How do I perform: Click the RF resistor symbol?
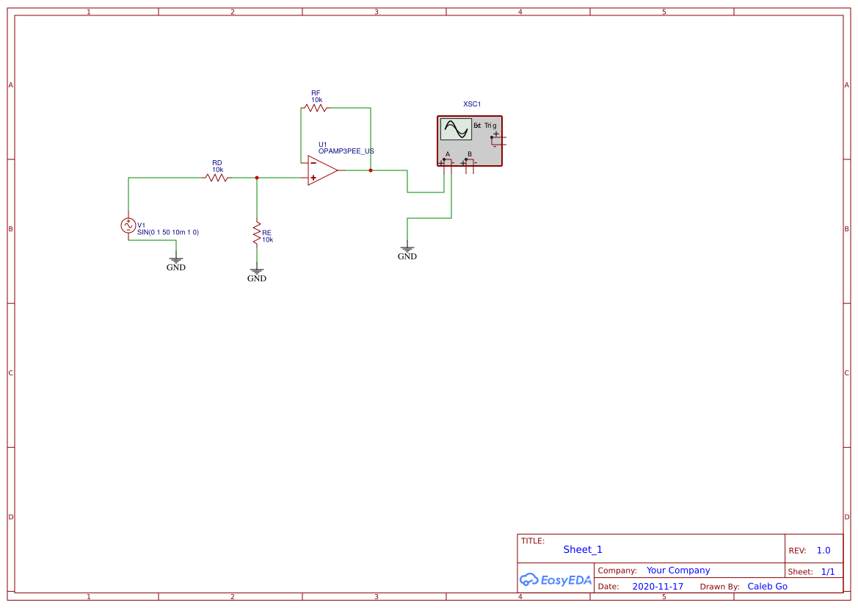pyautogui.click(x=315, y=108)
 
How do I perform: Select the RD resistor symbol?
pyautogui.click(x=217, y=178)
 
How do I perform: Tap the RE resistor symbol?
pyautogui.click(x=257, y=234)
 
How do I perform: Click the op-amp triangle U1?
pyautogui.click(x=321, y=170)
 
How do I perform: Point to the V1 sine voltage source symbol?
pyautogui.click(x=128, y=226)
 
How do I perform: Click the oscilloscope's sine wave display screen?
pyautogui.click(x=455, y=130)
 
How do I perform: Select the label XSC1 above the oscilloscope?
pyautogui.click(x=472, y=104)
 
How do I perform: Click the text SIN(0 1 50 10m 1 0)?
pyautogui.click(x=168, y=232)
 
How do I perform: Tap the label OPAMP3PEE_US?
pyautogui.click(x=346, y=151)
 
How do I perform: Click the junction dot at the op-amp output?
pyautogui.click(x=371, y=170)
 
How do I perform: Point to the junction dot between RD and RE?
pyautogui.click(x=257, y=178)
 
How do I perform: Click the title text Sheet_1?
pyautogui.click(x=583, y=549)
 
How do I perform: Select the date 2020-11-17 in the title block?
pyautogui.click(x=658, y=587)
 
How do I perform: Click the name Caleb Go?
pyautogui.click(x=767, y=587)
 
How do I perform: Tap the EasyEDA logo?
pyautogui.click(x=555, y=579)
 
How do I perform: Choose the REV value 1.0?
pyautogui.click(x=824, y=551)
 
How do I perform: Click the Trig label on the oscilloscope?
pyautogui.click(x=490, y=126)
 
